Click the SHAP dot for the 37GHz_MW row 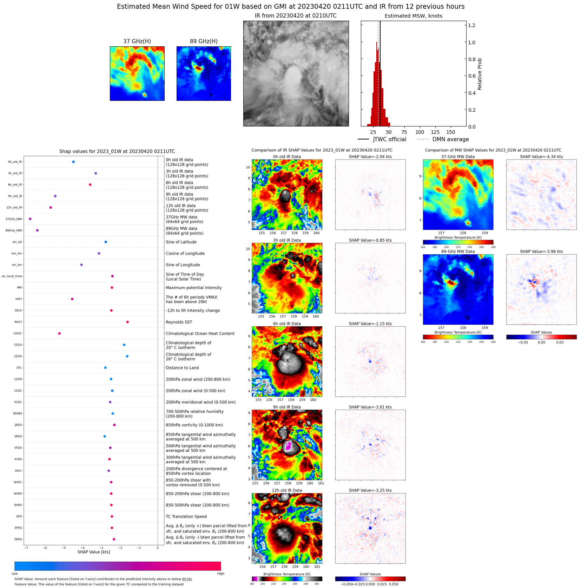point(30,219)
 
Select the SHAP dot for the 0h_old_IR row point(73,162)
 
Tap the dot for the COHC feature point(59,333)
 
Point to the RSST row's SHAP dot point(127,322)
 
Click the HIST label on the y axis point(19,299)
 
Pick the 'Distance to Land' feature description point(182,368)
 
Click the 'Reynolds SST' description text point(179,322)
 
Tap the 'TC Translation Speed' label point(186,516)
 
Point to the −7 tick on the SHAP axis point(26,548)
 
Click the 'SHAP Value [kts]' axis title point(94,552)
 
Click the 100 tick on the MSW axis point(420,132)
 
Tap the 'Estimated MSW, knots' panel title point(413,16)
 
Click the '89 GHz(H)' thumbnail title point(204,41)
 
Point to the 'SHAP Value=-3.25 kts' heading point(370,490)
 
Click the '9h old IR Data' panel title point(287,407)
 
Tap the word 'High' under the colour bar point(220,574)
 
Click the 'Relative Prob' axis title point(480,74)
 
